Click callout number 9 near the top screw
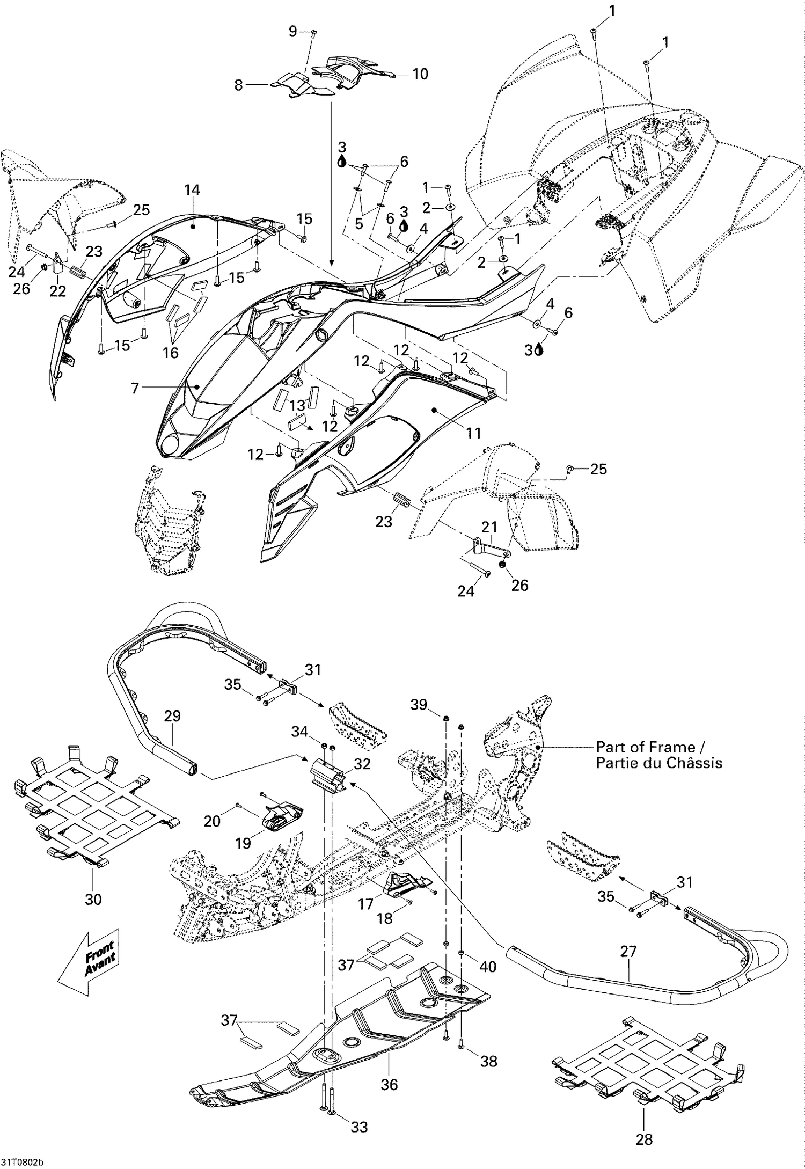point(292,32)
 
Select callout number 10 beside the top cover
point(420,74)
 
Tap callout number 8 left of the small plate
point(239,85)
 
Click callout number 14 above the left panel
point(192,189)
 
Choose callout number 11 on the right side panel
point(473,433)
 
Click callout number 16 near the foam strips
point(171,352)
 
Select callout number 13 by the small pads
point(297,405)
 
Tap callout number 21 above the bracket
point(489,527)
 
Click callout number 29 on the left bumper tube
point(173,716)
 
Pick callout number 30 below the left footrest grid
point(93,898)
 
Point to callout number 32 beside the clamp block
point(362,764)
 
